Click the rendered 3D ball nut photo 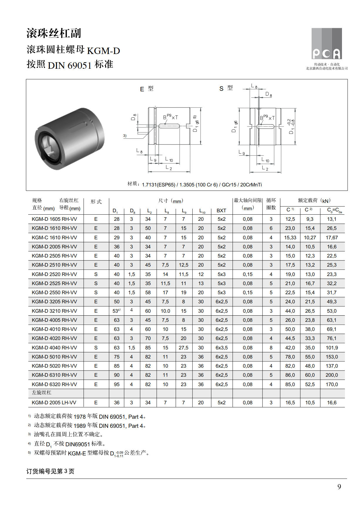pos(70,138)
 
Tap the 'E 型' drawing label pos(146,89)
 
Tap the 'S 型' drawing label pos(226,88)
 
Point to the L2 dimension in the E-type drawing pos(169,168)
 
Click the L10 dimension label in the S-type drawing pos(265,160)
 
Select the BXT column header pos(221,211)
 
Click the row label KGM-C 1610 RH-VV pos(54,238)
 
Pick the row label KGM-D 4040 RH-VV pos(54,348)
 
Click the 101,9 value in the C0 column pos(332,348)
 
